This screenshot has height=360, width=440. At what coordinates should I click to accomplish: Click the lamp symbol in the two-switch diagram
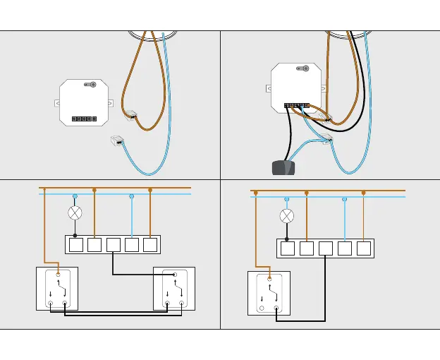coord(75,212)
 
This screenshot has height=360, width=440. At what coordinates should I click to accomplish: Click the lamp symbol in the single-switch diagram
coord(287,216)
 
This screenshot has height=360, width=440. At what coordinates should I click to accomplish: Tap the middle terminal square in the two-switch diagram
coord(113,244)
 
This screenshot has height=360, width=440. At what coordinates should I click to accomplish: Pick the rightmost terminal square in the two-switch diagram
coord(149,244)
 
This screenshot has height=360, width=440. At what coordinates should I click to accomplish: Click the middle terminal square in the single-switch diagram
coord(325,248)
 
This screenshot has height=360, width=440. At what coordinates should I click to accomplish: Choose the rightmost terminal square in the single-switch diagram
coord(363,248)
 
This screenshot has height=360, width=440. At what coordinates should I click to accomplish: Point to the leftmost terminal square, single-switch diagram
coord(287,248)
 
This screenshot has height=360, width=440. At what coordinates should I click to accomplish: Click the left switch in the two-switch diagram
coord(57,288)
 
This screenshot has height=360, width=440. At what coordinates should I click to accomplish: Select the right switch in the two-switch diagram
coord(174,288)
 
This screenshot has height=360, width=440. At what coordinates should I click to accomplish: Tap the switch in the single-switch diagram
coord(269,293)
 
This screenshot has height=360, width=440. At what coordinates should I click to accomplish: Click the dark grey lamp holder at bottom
coord(283,167)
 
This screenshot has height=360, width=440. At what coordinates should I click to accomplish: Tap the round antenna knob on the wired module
coord(304,68)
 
